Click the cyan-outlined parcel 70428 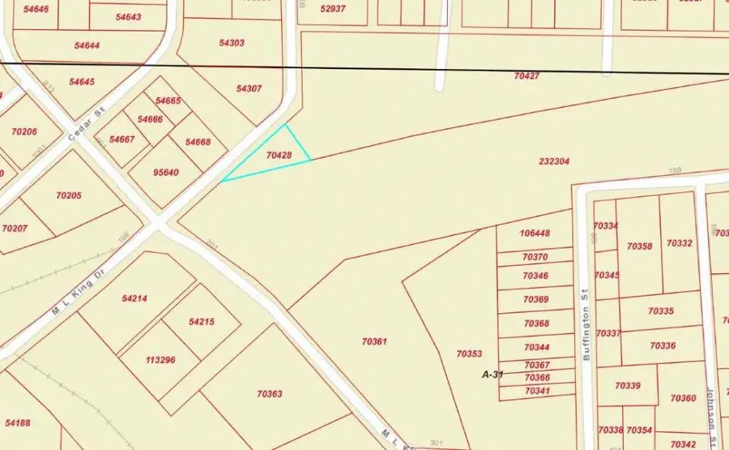pyautogui.click(x=278, y=154)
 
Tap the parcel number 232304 pyautogui.click(x=554, y=161)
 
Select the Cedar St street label pyautogui.click(x=82, y=126)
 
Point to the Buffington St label pyautogui.click(x=585, y=325)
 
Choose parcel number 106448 pyautogui.click(x=535, y=234)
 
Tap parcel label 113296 pyautogui.click(x=160, y=360)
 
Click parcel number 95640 pyautogui.click(x=166, y=173)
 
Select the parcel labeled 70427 pyautogui.click(x=526, y=75)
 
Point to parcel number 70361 pyautogui.click(x=374, y=342)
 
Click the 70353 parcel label pyautogui.click(x=469, y=354)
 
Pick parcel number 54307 pyautogui.click(x=249, y=88)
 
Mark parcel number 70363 pyautogui.click(x=270, y=394)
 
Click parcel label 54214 pyautogui.click(x=134, y=298)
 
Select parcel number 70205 pyautogui.click(x=70, y=195)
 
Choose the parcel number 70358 pyautogui.click(x=639, y=245)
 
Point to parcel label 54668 pyautogui.click(x=198, y=143)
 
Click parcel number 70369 pyautogui.click(x=535, y=300)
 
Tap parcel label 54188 pyautogui.click(x=18, y=422)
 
